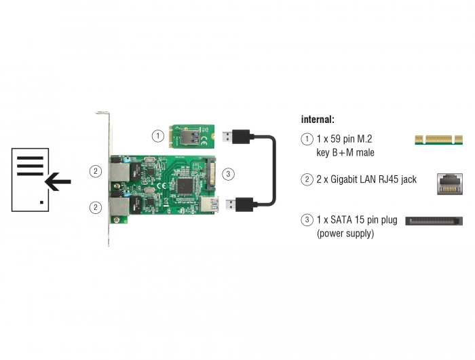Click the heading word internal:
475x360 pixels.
tap(318, 120)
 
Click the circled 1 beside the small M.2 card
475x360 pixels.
tap(157, 136)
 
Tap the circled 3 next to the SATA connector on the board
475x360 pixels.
tap(228, 174)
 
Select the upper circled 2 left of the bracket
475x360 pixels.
tap(96, 171)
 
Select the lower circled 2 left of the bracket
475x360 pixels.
tap(96, 207)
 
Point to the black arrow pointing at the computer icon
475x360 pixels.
tap(58, 182)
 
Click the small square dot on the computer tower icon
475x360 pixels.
tap(42, 202)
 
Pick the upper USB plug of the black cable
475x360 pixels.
tap(236, 137)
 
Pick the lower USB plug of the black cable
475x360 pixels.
tap(240, 204)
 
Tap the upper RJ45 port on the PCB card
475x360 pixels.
tap(119, 172)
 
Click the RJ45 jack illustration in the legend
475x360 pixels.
tap(450, 184)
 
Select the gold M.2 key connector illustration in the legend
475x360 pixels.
tap(438, 140)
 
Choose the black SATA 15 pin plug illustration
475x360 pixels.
tap(434, 221)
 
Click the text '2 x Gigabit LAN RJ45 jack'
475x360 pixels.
tap(366, 179)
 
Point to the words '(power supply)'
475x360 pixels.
tap(345, 234)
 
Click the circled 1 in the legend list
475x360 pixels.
tap(307, 139)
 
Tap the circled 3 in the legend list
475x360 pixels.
tap(307, 220)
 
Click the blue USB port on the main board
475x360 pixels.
tap(208, 204)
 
